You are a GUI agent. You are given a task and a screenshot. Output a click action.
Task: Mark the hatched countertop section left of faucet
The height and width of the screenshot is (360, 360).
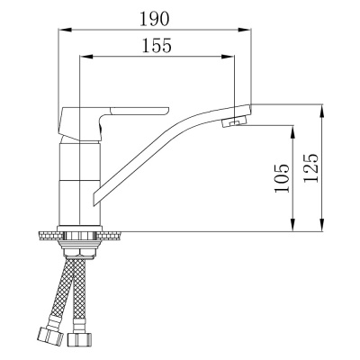pyautogui.click(x=47, y=236)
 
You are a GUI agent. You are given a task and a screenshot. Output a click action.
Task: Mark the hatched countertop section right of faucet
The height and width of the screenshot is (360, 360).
pyautogui.click(x=112, y=236)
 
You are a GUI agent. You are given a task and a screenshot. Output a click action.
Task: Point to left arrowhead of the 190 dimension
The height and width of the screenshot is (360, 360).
pyautogui.click(x=62, y=29)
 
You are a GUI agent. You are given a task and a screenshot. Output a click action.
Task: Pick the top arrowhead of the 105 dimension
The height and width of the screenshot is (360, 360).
pyautogui.click(x=292, y=126)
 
